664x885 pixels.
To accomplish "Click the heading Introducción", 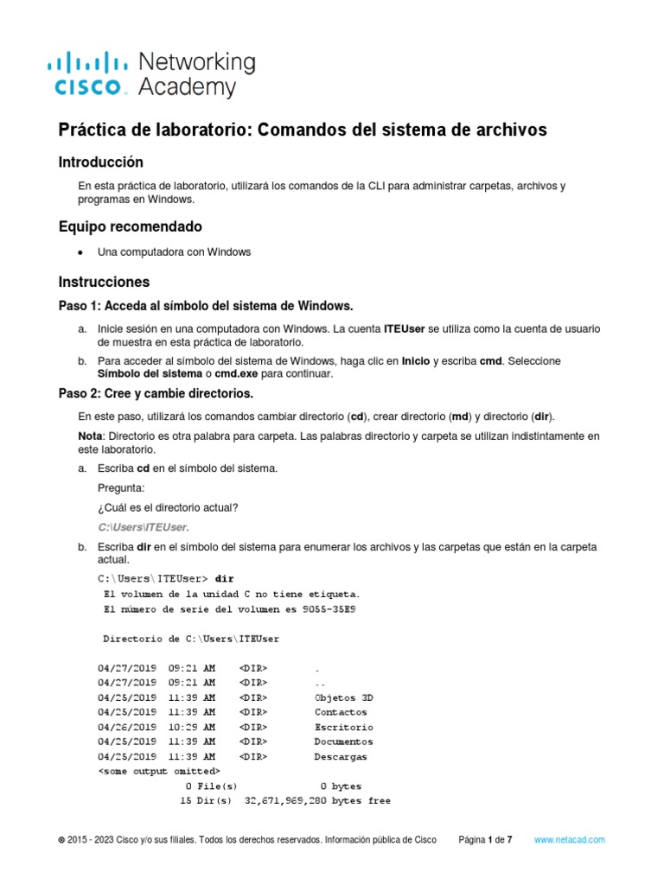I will (x=100, y=162).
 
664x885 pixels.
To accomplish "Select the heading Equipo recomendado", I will (x=130, y=226).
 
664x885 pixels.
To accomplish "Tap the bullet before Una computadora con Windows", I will (x=80, y=252).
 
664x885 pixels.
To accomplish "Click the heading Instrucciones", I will (x=104, y=282).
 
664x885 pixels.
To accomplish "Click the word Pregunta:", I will (x=121, y=487).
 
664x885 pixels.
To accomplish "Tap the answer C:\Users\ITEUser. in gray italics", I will (x=144, y=526).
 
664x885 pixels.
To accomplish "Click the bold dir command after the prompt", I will (x=224, y=577).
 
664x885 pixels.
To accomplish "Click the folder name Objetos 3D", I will (x=343, y=697).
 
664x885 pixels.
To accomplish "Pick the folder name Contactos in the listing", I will (x=341, y=712).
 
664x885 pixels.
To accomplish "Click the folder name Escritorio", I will (x=343, y=727).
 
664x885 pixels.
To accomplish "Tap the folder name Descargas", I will (x=341, y=756).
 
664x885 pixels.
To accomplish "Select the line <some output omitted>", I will (x=159, y=770).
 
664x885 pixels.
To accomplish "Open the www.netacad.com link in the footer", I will (x=569, y=839).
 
